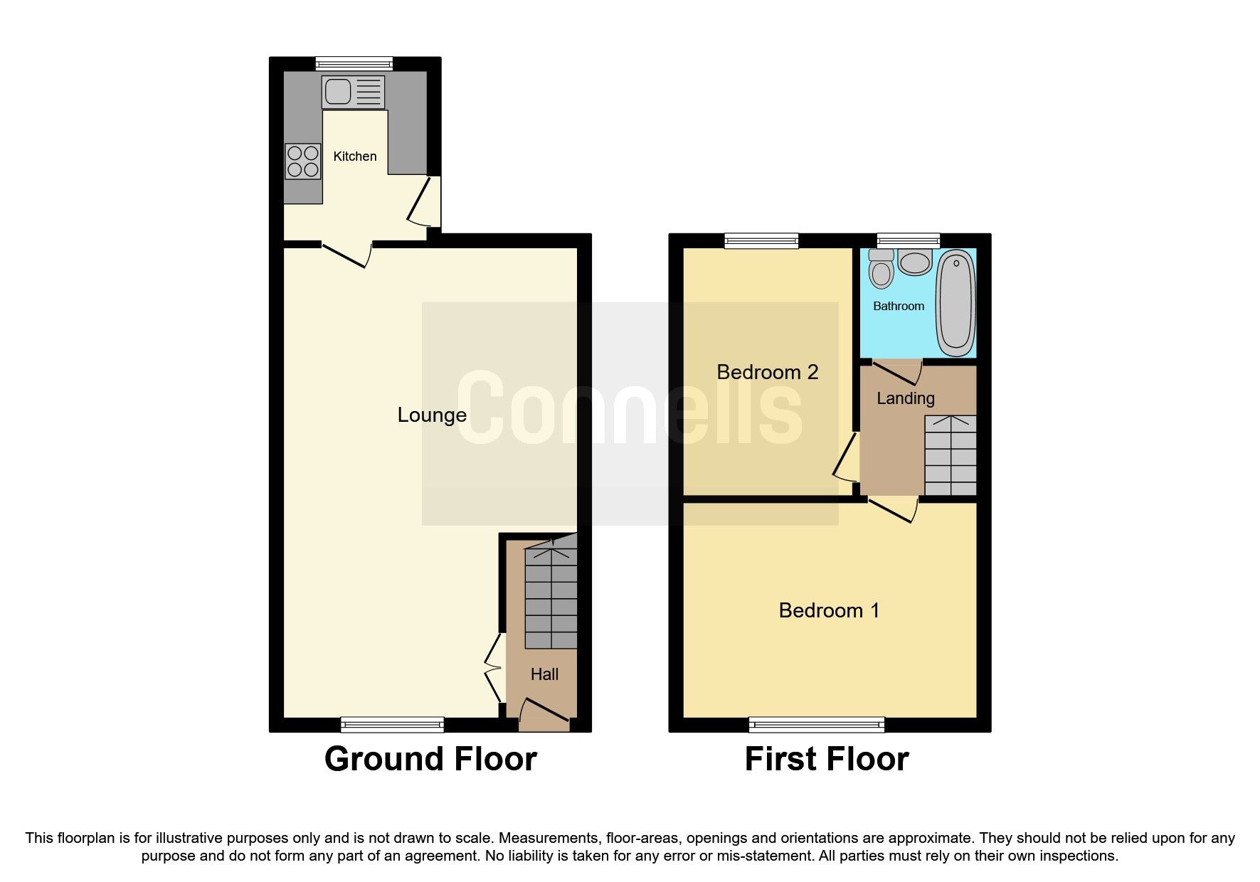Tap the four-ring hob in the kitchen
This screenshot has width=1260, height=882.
[x=303, y=161]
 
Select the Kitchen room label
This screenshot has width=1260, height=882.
[x=355, y=156]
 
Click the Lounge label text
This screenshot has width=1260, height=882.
[x=432, y=415]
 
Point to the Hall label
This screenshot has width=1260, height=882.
[x=544, y=674]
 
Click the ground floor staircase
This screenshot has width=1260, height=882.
[x=551, y=597]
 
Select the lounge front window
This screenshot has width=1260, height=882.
[x=392, y=725]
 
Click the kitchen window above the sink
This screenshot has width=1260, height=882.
[x=354, y=63]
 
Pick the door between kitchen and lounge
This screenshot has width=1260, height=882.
[x=347, y=253]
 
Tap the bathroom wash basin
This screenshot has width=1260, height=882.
[x=914, y=262]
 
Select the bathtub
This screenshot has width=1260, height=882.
[x=955, y=304]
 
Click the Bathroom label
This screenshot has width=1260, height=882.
[x=899, y=306]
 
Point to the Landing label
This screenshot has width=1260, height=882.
[x=905, y=398]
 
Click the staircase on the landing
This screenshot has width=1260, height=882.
[x=950, y=455]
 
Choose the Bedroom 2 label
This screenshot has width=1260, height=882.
[x=767, y=372]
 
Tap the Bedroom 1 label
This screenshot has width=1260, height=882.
[x=829, y=610]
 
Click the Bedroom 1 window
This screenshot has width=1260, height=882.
[x=817, y=725]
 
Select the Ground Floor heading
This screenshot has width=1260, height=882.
[x=430, y=759]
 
